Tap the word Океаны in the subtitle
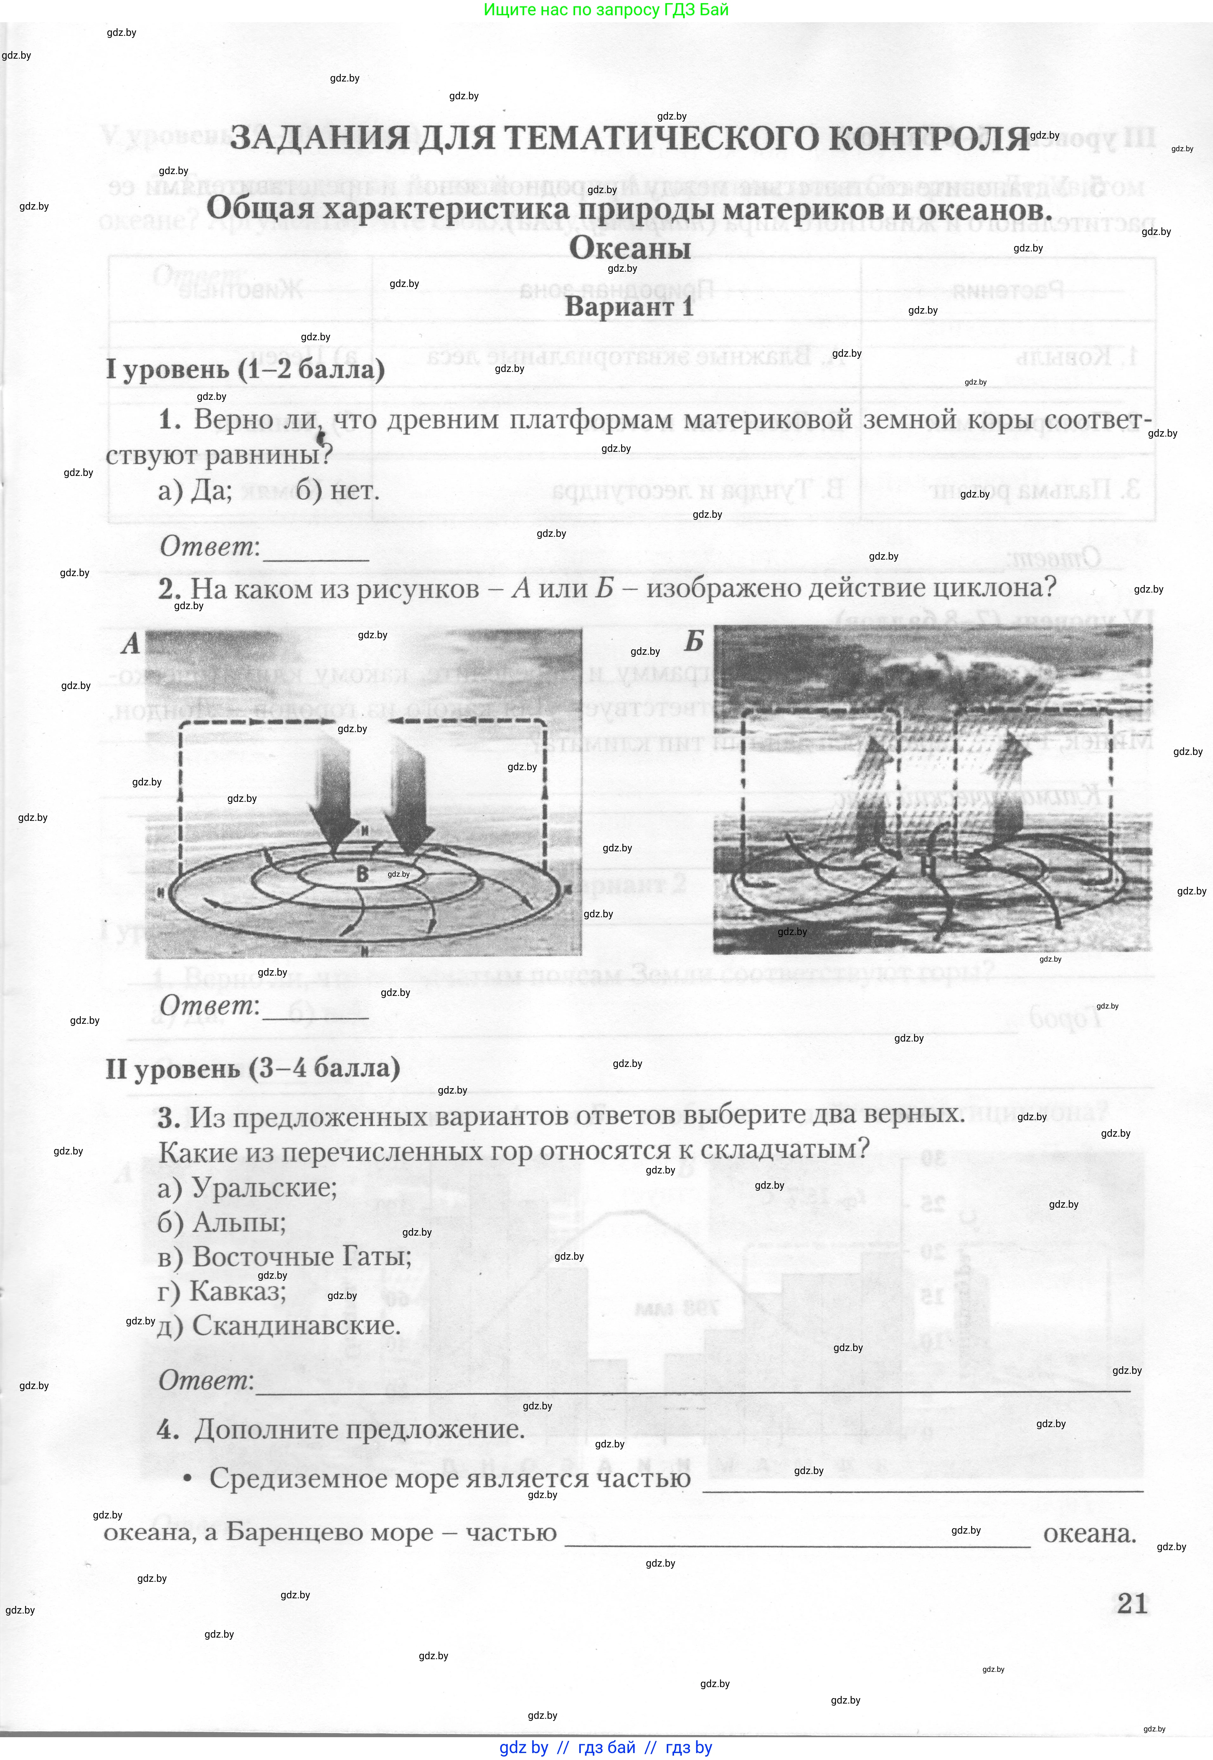coord(630,248)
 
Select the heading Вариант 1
coord(629,307)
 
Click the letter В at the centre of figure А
coord(362,874)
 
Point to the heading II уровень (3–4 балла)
coord(252,1068)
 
